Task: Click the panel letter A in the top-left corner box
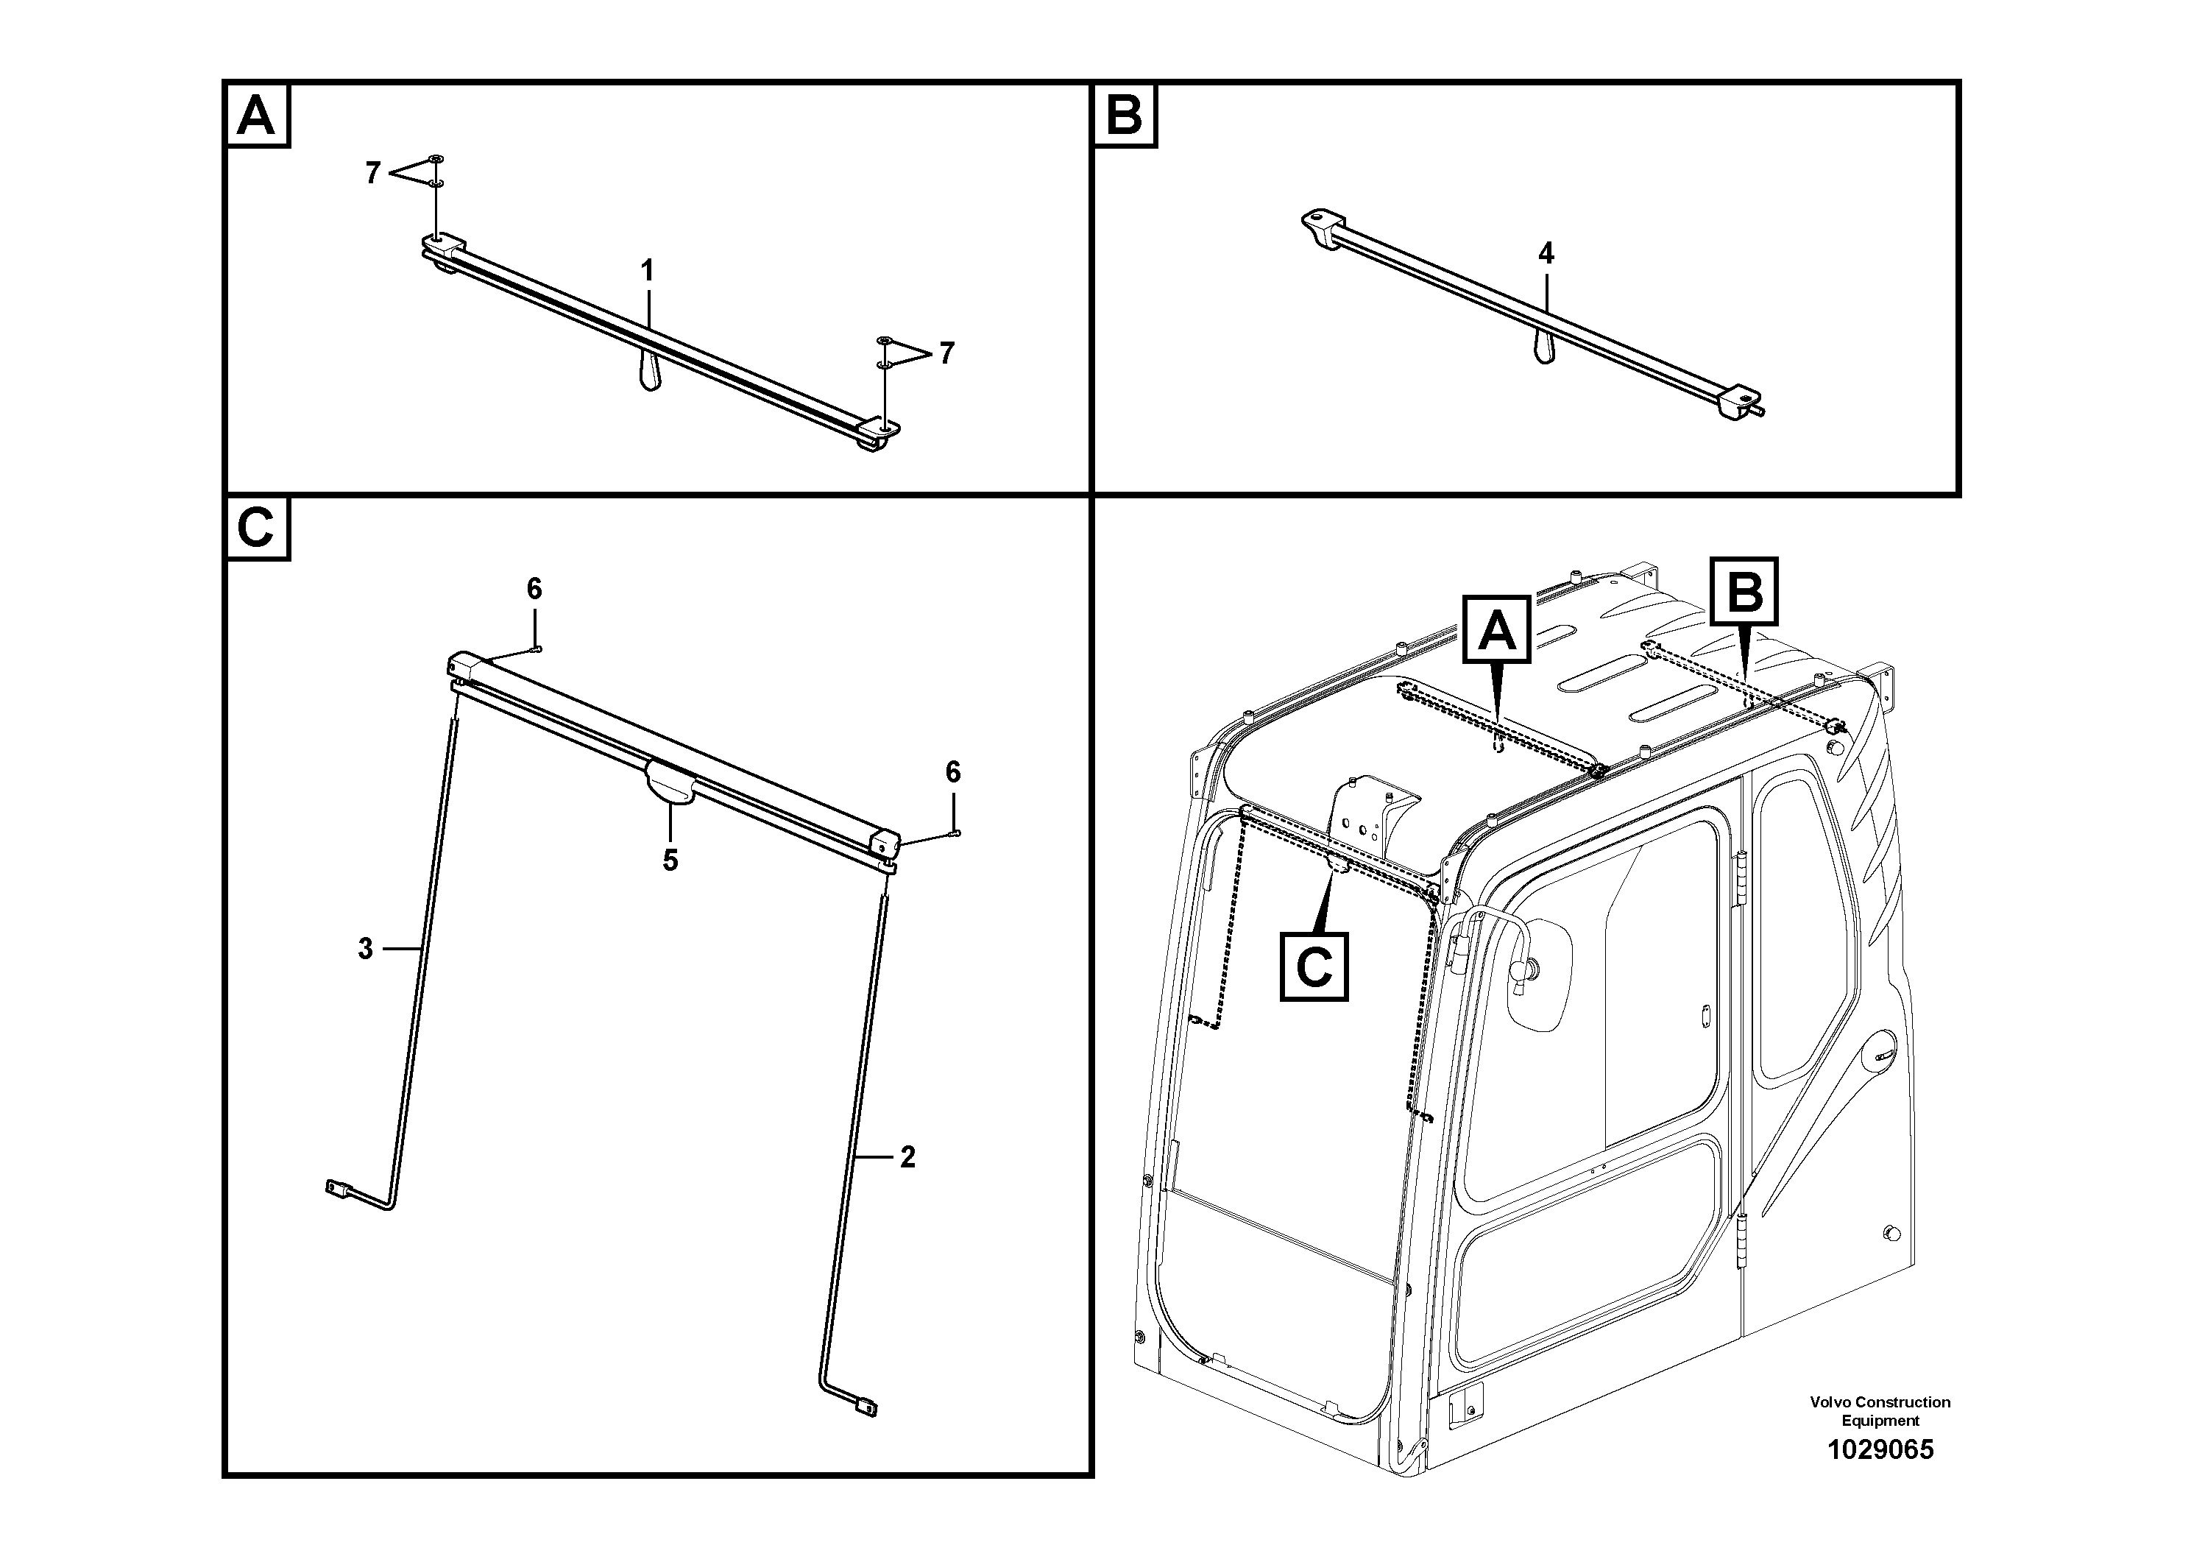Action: (255, 116)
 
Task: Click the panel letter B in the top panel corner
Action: (1124, 116)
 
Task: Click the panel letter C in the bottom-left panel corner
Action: (255, 528)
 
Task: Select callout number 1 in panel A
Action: (647, 271)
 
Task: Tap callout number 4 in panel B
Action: (1546, 253)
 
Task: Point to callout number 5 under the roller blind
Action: (671, 860)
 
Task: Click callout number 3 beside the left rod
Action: (366, 949)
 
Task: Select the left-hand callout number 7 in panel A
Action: (373, 173)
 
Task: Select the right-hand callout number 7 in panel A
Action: (946, 353)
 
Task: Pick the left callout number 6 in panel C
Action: (534, 589)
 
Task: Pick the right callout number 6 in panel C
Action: (953, 772)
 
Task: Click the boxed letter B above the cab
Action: (1744, 593)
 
